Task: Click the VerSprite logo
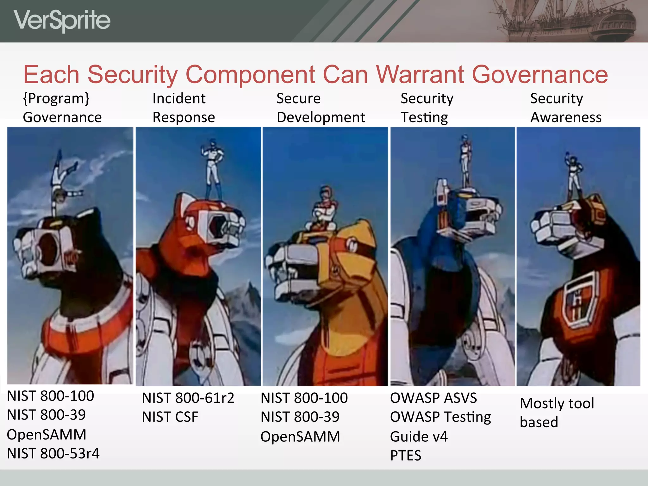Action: [62, 21]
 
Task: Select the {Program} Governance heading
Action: [62, 108]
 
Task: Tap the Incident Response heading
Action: [184, 108]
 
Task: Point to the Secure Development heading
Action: [321, 108]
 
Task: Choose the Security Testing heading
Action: [427, 108]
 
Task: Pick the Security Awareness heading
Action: [566, 108]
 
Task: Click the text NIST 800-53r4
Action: [53, 453]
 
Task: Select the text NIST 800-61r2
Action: [188, 398]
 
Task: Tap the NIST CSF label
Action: [170, 417]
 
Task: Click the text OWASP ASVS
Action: [433, 398]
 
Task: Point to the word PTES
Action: [406, 456]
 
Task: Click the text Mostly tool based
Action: [557, 413]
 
